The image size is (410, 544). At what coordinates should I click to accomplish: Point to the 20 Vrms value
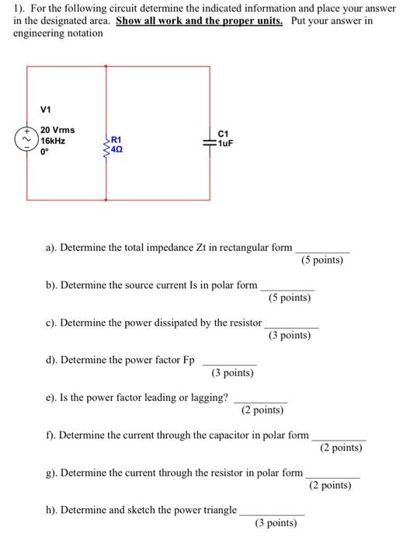pyautogui.click(x=57, y=131)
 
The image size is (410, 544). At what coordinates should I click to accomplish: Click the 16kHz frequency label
pyautogui.click(x=53, y=141)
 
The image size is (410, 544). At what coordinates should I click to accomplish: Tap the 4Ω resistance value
pyautogui.click(x=117, y=147)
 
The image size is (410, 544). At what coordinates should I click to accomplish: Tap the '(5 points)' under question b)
pyautogui.click(x=289, y=298)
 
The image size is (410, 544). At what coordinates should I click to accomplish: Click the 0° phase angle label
pyautogui.click(x=45, y=153)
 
